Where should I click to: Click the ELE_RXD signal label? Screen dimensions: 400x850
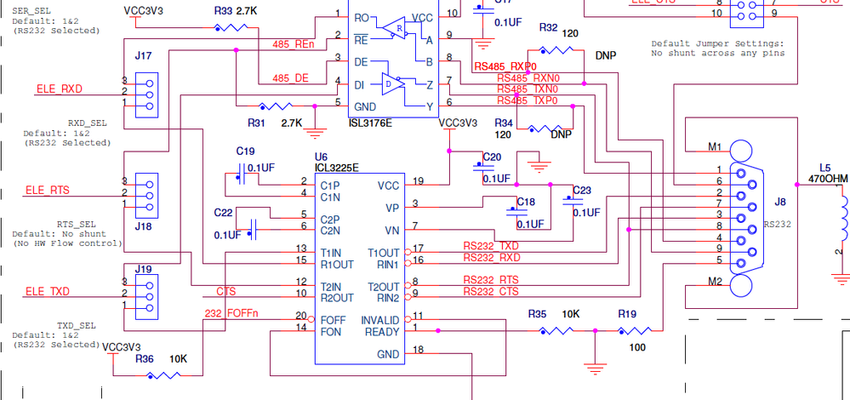pyautogui.click(x=59, y=89)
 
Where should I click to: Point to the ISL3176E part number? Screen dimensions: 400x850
pyautogui.click(x=371, y=123)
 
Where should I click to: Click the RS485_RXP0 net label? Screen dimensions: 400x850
pyautogui.click(x=505, y=66)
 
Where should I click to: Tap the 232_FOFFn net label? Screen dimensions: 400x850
pyautogui.click(x=231, y=313)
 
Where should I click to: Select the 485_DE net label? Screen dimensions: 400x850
pyautogui.click(x=290, y=77)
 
